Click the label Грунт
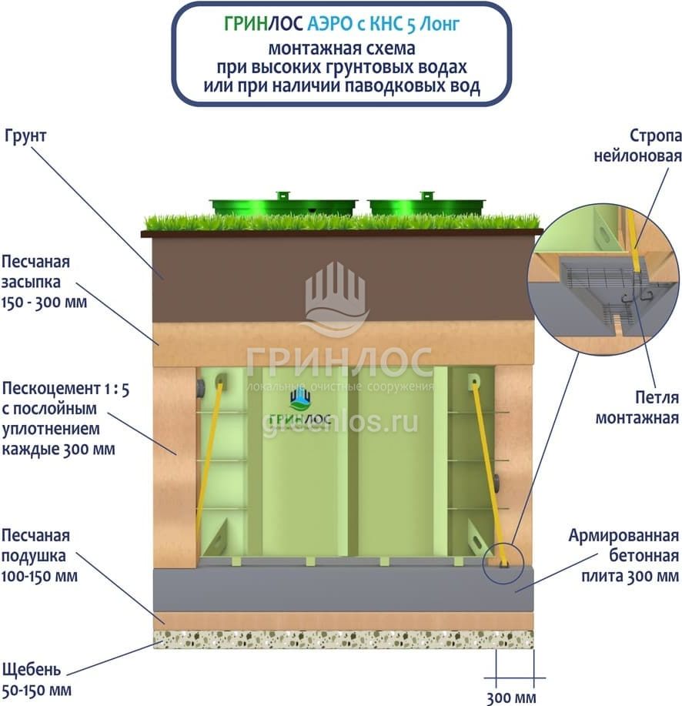pyautogui.click(x=25, y=136)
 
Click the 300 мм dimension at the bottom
pyautogui.click(x=510, y=698)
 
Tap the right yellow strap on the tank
pyautogui.click(x=486, y=470)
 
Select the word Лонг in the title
pyautogui.click(x=447, y=24)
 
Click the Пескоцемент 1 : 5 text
pyautogui.click(x=65, y=390)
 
